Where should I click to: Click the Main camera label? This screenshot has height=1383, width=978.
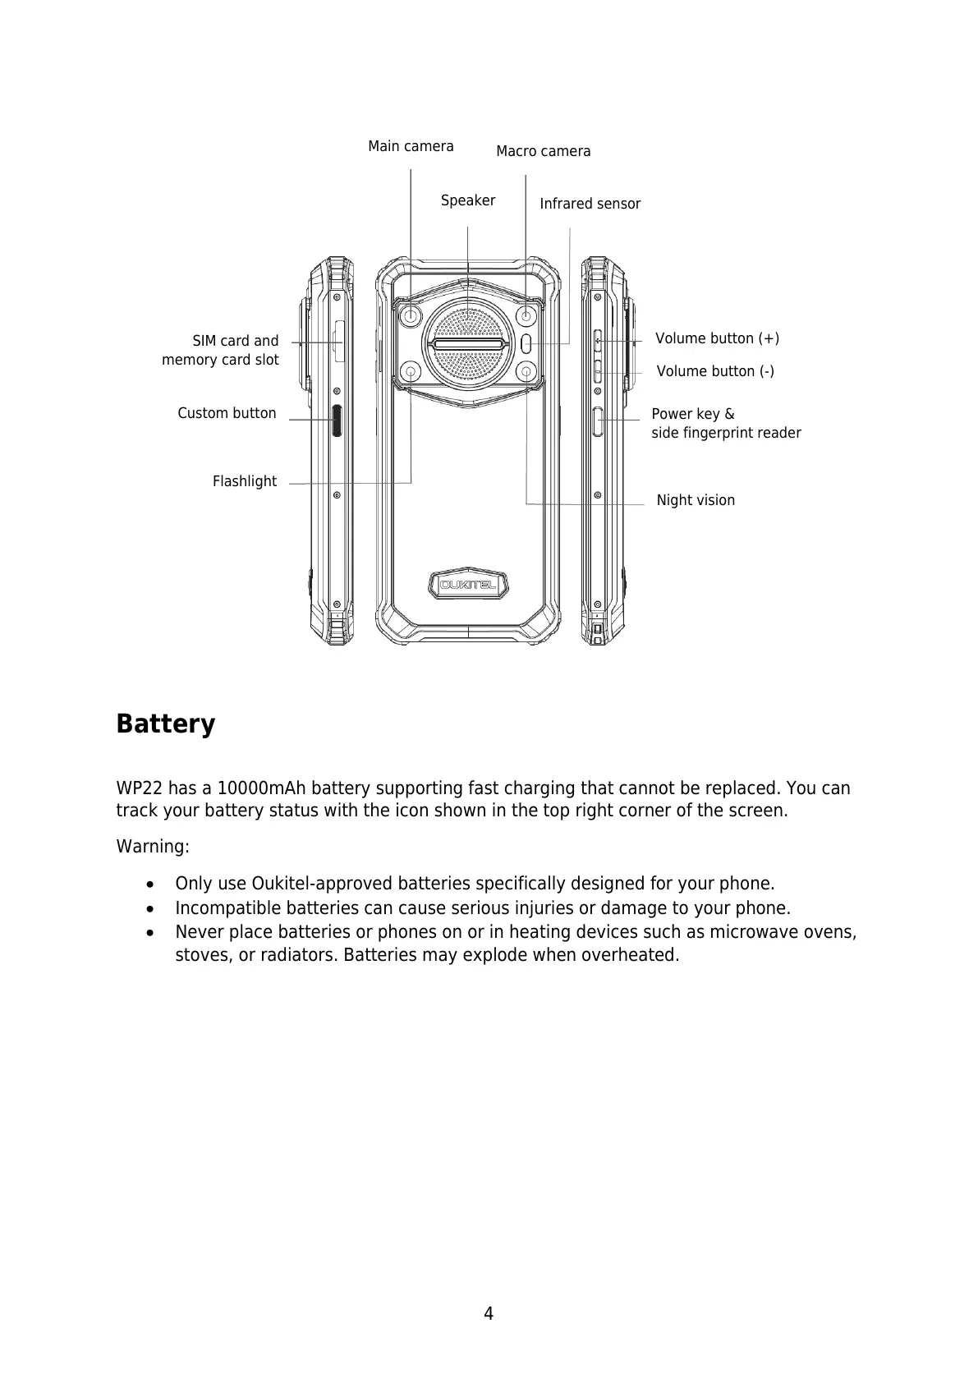click(x=411, y=146)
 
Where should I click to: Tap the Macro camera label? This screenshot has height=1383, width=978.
click(x=543, y=151)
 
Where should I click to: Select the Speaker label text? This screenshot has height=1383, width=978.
click(x=467, y=200)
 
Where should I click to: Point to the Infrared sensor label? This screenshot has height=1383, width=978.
click(x=590, y=204)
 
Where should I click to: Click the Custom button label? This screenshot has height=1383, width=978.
click(x=227, y=413)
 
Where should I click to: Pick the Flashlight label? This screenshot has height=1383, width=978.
click(x=244, y=481)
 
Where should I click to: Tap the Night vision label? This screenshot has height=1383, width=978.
click(x=696, y=500)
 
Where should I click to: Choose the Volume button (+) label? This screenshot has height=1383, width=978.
click(x=717, y=338)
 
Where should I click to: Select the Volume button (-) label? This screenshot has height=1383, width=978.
click(x=715, y=371)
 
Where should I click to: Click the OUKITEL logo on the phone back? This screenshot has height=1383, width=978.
click(x=468, y=585)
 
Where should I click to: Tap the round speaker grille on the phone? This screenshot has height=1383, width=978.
click(x=468, y=343)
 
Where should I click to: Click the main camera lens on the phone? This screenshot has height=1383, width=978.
click(x=411, y=316)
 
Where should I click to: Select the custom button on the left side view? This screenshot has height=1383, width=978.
click(x=337, y=420)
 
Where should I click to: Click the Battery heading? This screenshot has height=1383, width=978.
click(x=166, y=724)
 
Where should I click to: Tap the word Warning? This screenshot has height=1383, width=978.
click(x=153, y=846)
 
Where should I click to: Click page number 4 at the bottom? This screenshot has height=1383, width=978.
click(x=489, y=1314)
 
